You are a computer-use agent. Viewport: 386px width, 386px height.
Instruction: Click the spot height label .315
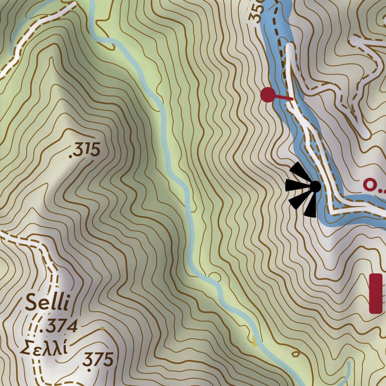point(84,149)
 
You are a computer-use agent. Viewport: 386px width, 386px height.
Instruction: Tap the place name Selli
point(49,303)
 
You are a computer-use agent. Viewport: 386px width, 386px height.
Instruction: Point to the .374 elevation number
point(59,327)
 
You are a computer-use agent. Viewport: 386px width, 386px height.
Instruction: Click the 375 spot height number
point(99,359)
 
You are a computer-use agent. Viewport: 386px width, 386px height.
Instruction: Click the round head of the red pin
point(267,94)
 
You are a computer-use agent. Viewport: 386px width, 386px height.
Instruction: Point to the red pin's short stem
point(284,98)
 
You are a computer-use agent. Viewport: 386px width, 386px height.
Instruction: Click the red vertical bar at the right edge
point(375,294)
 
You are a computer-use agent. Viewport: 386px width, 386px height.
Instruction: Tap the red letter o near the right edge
point(369,184)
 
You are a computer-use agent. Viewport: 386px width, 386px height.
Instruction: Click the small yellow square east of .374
point(103,329)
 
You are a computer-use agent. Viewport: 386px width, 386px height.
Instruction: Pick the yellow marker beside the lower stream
point(255,344)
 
